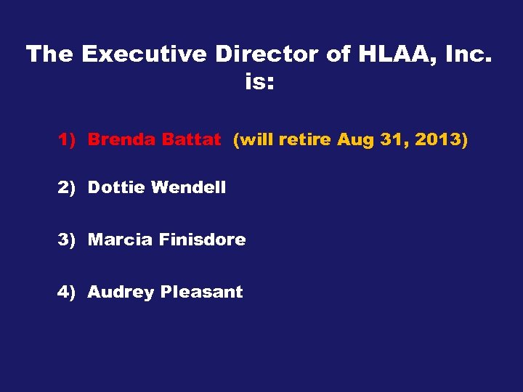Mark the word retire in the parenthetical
point(304,140)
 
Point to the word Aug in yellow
point(354,140)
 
